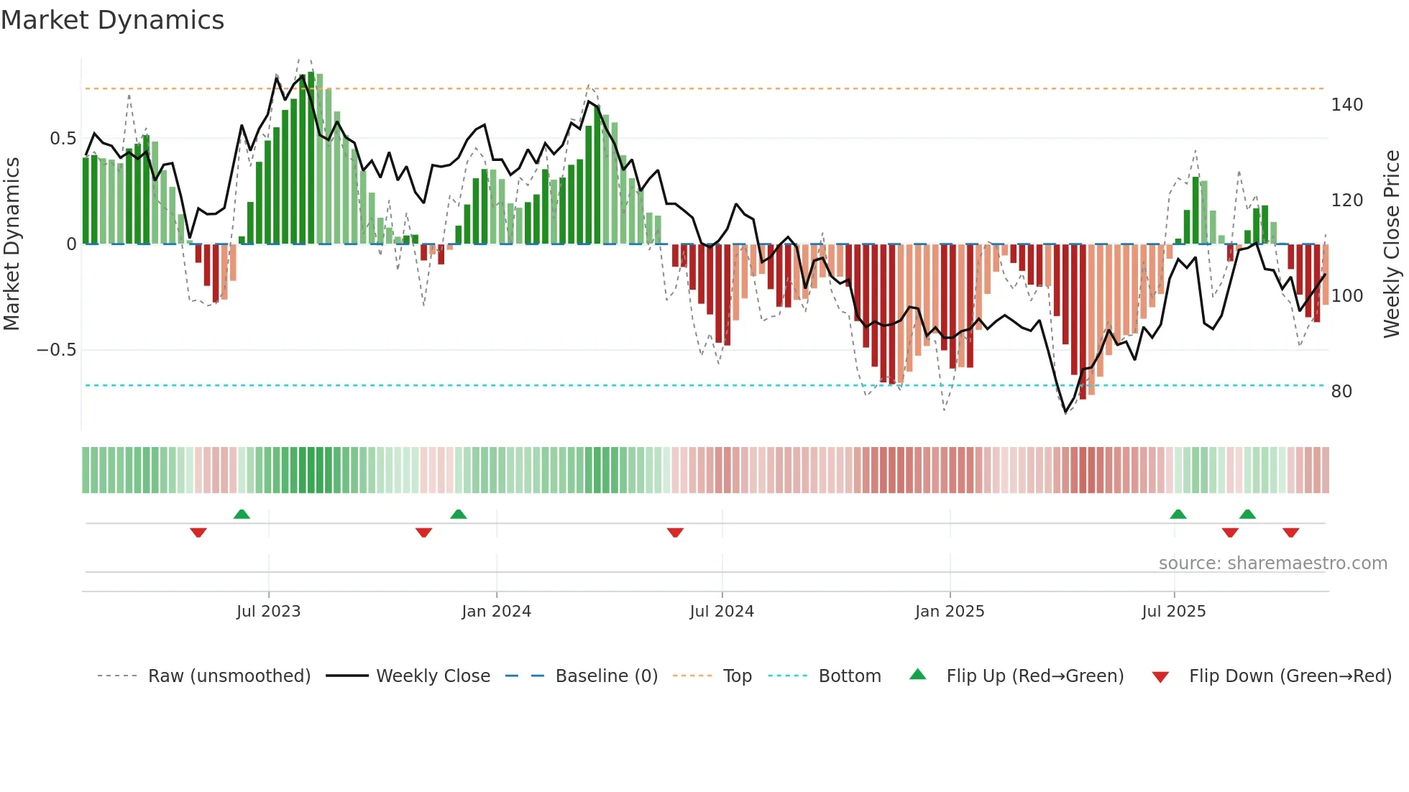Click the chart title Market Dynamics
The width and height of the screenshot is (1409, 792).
tap(112, 20)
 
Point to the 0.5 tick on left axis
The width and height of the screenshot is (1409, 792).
tap(63, 138)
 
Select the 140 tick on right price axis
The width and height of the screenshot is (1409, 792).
tap(1346, 105)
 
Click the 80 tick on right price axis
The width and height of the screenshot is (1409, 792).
tap(1341, 392)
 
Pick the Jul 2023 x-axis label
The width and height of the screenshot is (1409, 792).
tap(268, 612)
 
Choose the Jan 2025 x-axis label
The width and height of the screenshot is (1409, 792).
tap(949, 612)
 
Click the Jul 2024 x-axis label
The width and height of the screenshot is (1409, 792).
tap(722, 612)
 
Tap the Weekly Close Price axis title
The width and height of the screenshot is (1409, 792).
tap(1392, 244)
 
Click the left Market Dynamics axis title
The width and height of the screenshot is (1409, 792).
tap(12, 244)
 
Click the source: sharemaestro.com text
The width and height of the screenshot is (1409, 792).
tap(1272, 563)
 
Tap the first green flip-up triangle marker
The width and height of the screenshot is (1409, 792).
tap(242, 514)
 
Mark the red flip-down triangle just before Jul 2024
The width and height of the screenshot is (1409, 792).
tap(675, 533)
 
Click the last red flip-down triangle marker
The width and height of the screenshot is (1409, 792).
tap(1290, 533)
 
